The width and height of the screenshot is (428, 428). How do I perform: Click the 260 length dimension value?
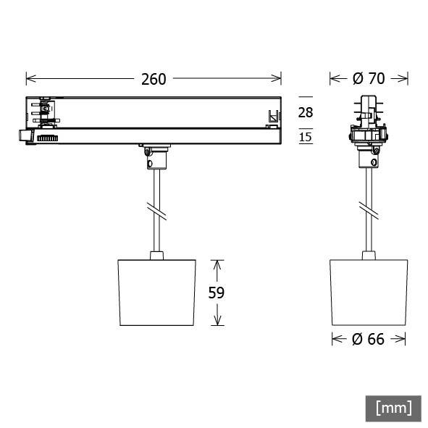154,78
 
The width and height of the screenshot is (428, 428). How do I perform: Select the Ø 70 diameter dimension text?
369,78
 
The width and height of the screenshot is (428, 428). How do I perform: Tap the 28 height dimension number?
306,112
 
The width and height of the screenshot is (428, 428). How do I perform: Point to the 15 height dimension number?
306,137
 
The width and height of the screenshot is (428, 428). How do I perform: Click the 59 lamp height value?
217,293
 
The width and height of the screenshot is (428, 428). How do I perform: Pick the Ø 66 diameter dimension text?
369,339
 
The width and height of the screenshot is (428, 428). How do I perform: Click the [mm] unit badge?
393,408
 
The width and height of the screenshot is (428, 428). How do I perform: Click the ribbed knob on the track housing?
48,137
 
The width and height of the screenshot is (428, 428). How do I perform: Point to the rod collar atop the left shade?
156,254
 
